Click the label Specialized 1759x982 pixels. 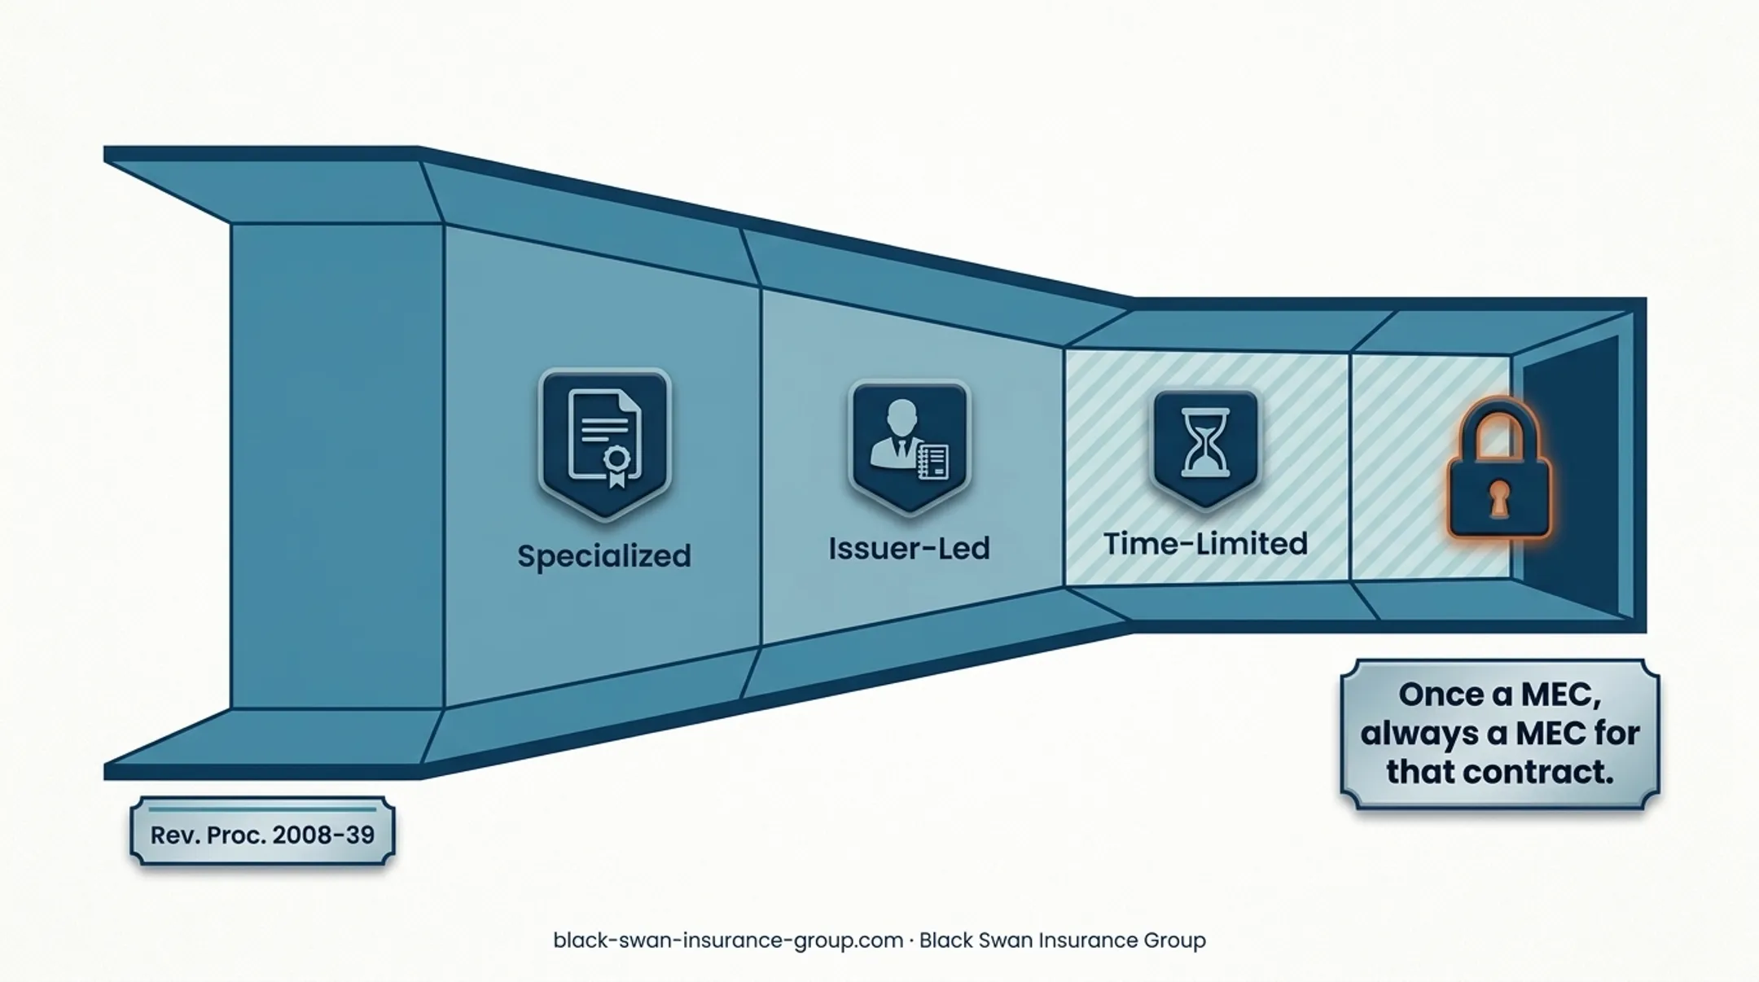(x=604, y=556)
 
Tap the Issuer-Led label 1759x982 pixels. (x=909, y=548)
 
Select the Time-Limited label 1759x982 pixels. (x=1205, y=543)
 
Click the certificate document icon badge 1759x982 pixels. (x=604, y=443)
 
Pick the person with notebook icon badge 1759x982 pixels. (x=909, y=446)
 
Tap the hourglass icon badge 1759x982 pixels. (x=1206, y=448)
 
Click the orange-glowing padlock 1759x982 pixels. (x=1499, y=470)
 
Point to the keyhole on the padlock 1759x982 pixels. (x=1499, y=498)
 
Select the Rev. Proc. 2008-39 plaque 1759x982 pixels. (x=262, y=831)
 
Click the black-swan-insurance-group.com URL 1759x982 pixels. (x=728, y=940)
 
